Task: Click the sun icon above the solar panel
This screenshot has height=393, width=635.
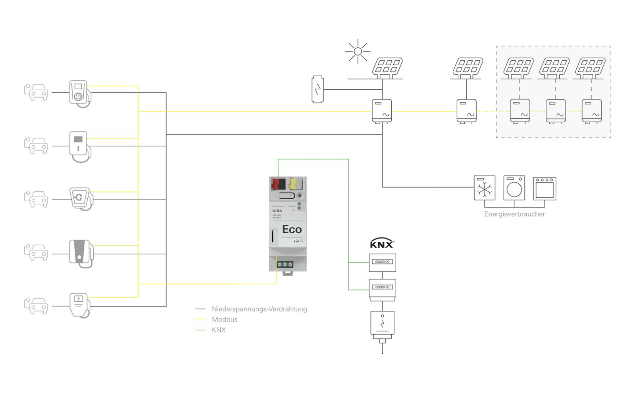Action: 358,51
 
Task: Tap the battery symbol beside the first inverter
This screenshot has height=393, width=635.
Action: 317,89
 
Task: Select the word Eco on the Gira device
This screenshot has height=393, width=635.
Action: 292,229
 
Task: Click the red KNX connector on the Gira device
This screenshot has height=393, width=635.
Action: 278,184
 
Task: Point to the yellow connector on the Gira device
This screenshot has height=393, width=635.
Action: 293,184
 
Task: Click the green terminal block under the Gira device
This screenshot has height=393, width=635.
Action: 285,264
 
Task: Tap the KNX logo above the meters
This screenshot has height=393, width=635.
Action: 382,244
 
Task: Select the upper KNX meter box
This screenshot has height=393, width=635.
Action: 382,263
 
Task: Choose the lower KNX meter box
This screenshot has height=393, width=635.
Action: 382,288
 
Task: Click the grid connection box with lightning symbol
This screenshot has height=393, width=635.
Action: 382,323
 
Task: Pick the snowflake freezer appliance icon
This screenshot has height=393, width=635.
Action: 485,188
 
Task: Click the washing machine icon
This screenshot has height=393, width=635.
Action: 514,188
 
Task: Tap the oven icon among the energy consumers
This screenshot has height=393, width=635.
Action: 544,188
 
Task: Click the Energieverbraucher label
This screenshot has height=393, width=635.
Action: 514,214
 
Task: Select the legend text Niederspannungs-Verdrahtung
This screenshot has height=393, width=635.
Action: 259,309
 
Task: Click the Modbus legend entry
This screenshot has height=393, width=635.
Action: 225,320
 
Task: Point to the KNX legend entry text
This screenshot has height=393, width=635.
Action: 219,330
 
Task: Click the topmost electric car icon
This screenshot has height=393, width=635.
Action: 37,92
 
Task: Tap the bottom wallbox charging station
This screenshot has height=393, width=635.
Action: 79,304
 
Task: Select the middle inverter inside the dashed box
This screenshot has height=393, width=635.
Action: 556,112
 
